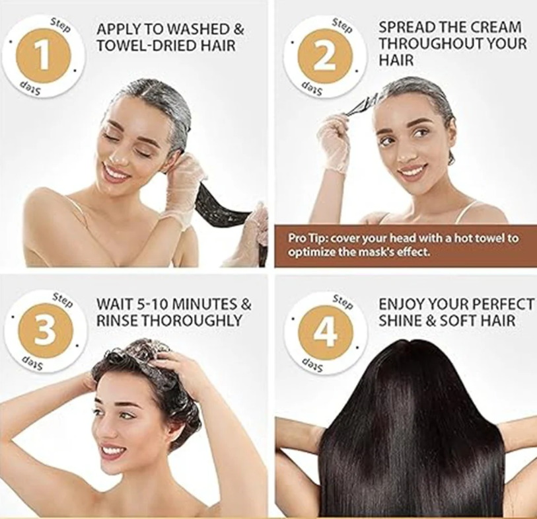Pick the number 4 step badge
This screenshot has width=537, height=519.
(326, 333)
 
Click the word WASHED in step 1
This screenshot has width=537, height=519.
(199, 29)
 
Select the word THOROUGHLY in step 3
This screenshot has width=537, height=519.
(192, 321)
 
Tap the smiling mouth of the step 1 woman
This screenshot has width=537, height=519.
(116, 170)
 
